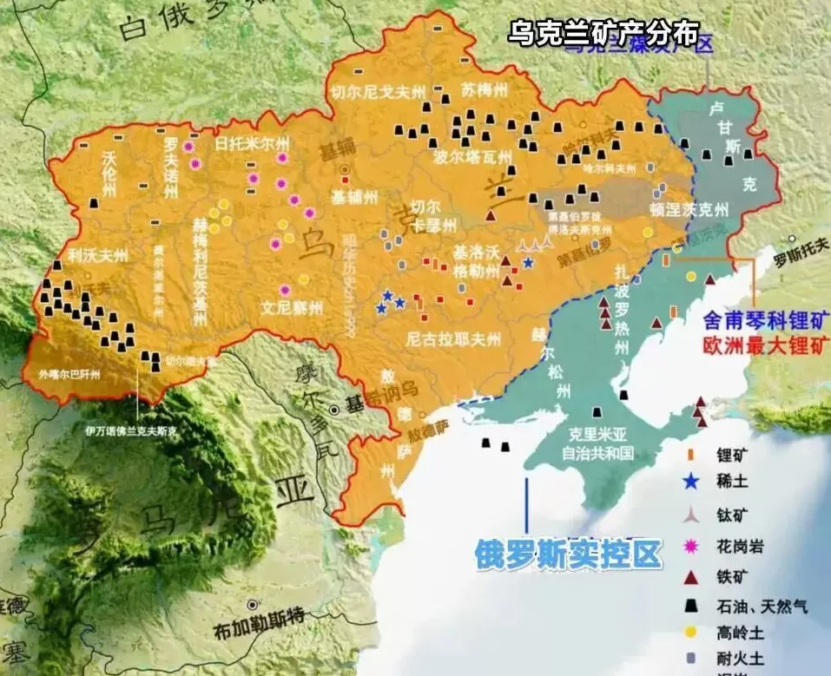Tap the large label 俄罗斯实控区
[x=568, y=554]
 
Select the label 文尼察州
[x=292, y=306]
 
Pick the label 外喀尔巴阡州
[x=69, y=375]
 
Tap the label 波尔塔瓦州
[x=476, y=157]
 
